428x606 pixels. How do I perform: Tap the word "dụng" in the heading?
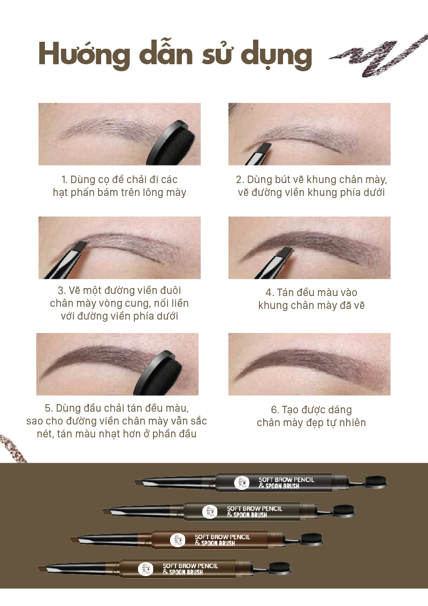(x=276, y=56)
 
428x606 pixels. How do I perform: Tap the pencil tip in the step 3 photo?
(x=81, y=247)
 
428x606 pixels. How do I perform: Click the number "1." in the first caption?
(x=65, y=180)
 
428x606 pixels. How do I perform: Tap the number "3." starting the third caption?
(x=62, y=291)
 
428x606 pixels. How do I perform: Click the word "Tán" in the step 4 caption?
(x=286, y=293)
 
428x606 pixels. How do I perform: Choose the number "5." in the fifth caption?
(x=49, y=408)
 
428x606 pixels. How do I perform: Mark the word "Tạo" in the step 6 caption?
(x=290, y=410)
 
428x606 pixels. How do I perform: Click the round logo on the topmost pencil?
(x=242, y=483)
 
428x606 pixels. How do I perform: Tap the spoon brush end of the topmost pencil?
(x=374, y=482)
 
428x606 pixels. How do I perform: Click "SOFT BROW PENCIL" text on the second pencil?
(x=255, y=509)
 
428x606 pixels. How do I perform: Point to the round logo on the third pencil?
(x=178, y=540)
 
